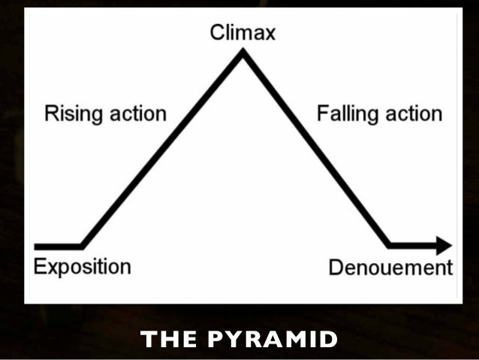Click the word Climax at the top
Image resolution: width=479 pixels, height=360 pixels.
pyautogui.click(x=242, y=32)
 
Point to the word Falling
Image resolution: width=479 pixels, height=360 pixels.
pyautogui.click(x=345, y=115)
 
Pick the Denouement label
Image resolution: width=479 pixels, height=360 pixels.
pyautogui.click(x=390, y=268)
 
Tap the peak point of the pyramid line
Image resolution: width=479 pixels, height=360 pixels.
pyautogui.click(x=243, y=53)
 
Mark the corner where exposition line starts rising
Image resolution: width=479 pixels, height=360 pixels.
pyautogui.click(x=82, y=245)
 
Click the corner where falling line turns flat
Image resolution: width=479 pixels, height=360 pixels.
pyautogui.click(x=389, y=244)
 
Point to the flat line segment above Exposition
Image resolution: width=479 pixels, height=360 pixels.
pyautogui.click(x=58, y=246)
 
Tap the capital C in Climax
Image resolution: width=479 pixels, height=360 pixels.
pyautogui.click(x=215, y=32)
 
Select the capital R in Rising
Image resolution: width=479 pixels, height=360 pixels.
pyautogui.click(x=50, y=114)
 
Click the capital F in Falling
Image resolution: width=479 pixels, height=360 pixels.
pyautogui.click(x=322, y=114)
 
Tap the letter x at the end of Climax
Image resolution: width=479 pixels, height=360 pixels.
pyautogui.click(x=270, y=33)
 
